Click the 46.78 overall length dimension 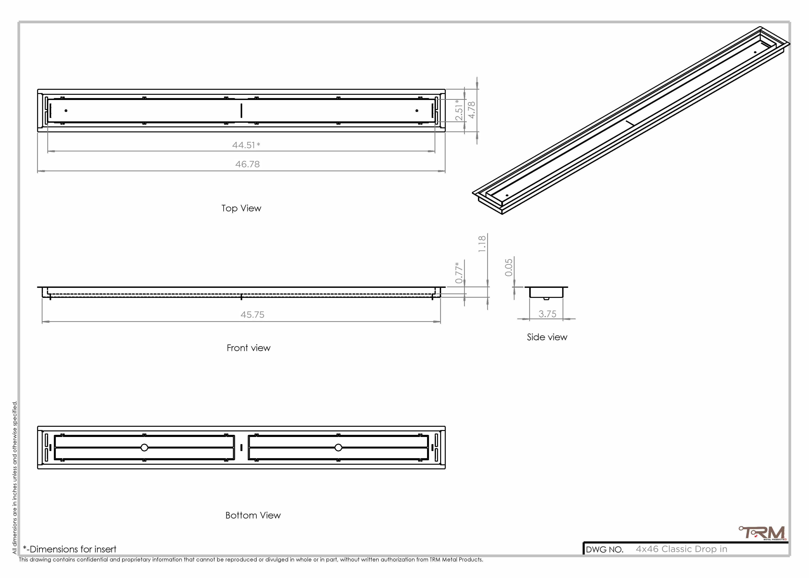point(247,164)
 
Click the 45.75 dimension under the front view point(252,315)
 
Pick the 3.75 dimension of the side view point(547,314)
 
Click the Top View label point(241,208)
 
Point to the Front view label point(248,348)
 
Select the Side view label point(547,337)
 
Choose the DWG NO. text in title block point(604,549)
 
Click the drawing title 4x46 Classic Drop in point(681,549)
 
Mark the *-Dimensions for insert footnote point(70,549)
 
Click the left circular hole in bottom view point(144,447)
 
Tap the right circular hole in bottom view point(338,447)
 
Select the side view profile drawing point(546,292)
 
